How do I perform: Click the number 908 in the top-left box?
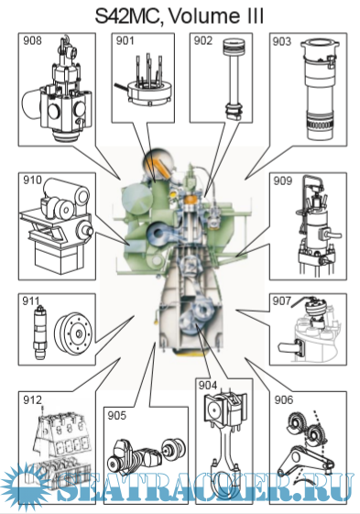(x=32, y=40)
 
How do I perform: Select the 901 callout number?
(x=125, y=40)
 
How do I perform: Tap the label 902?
(x=203, y=40)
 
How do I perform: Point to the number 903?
(x=282, y=41)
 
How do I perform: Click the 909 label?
(x=283, y=180)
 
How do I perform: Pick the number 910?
(x=32, y=180)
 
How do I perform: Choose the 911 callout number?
(x=30, y=301)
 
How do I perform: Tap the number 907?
(x=282, y=301)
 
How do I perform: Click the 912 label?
(x=32, y=399)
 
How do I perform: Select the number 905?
(x=116, y=416)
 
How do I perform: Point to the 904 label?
(x=208, y=386)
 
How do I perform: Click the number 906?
(x=284, y=399)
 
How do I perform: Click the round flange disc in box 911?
(x=73, y=334)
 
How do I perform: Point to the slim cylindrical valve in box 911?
(x=40, y=333)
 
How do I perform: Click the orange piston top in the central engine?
(x=191, y=198)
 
